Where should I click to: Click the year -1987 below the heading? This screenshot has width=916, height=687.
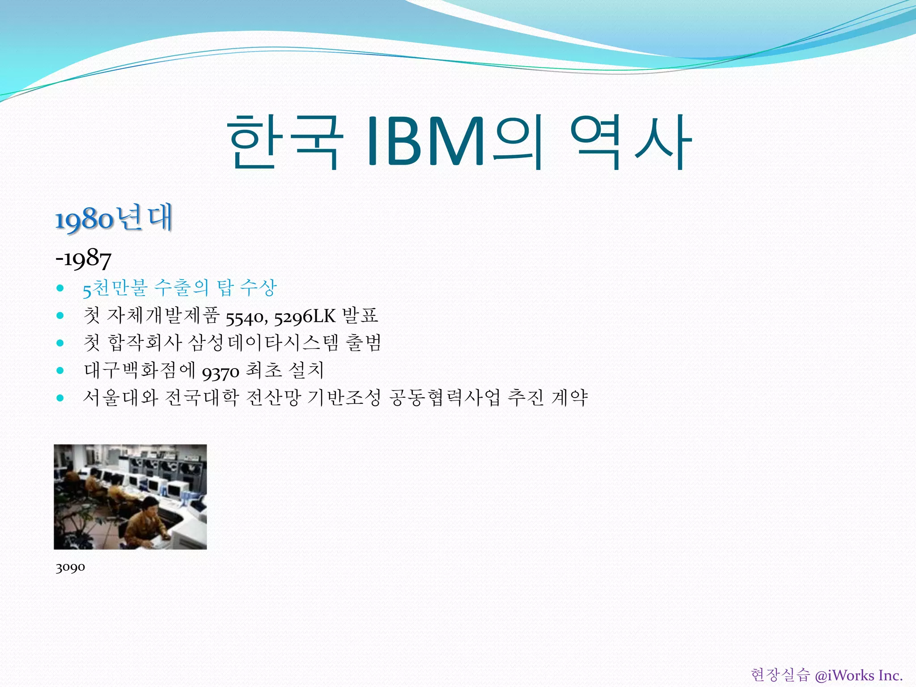(x=83, y=259)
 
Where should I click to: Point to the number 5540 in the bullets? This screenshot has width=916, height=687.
(x=246, y=317)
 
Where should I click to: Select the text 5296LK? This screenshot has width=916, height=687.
(x=305, y=317)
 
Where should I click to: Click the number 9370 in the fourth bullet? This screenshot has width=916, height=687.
(x=221, y=371)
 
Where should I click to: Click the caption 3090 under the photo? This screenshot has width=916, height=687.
(x=70, y=568)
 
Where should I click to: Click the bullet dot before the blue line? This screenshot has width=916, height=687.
(x=60, y=288)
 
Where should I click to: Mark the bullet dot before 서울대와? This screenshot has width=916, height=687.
(x=60, y=398)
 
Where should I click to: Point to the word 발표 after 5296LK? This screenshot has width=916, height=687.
(x=360, y=316)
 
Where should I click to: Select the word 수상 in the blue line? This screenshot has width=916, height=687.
(x=259, y=288)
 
